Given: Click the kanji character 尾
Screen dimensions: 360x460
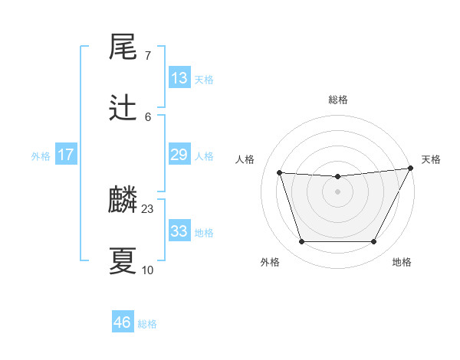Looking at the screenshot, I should (x=123, y=47).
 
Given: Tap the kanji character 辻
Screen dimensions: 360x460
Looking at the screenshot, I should (x=123, y=109).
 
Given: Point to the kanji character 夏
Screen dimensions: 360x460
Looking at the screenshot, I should (x=123, y=261).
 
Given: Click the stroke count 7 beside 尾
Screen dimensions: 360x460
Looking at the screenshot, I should (x=148, y=56).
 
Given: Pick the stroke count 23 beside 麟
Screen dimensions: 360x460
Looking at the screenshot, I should (x=148, y=209).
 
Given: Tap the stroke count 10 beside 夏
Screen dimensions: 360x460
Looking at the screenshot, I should (x=148, y=270).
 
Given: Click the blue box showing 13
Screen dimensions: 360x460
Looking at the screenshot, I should (x=179, y=78).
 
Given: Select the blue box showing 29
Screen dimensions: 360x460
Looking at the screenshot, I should (x=179, y=155).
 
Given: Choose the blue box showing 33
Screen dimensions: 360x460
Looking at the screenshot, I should (x=179, y=231).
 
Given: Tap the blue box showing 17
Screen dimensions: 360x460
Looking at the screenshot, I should (x=66, y=155).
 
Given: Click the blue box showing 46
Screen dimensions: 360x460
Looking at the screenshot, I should (x=123, y=322).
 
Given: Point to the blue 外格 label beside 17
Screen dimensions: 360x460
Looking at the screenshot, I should (x=41, y=155).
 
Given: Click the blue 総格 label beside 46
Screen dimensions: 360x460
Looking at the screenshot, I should (x=147, y=324).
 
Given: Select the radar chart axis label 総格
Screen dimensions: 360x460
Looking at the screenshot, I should (x=337, y=100).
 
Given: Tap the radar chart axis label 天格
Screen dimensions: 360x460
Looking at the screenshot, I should (x=431, y=159).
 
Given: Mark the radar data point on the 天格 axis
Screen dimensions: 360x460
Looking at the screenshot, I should (x=412, y=168).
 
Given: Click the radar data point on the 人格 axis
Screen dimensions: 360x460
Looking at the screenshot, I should (x=279, y=173).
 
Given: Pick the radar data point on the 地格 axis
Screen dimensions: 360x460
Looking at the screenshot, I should (x=373, y=242).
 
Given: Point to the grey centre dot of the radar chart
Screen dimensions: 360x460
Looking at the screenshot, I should (x=337, y=191).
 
